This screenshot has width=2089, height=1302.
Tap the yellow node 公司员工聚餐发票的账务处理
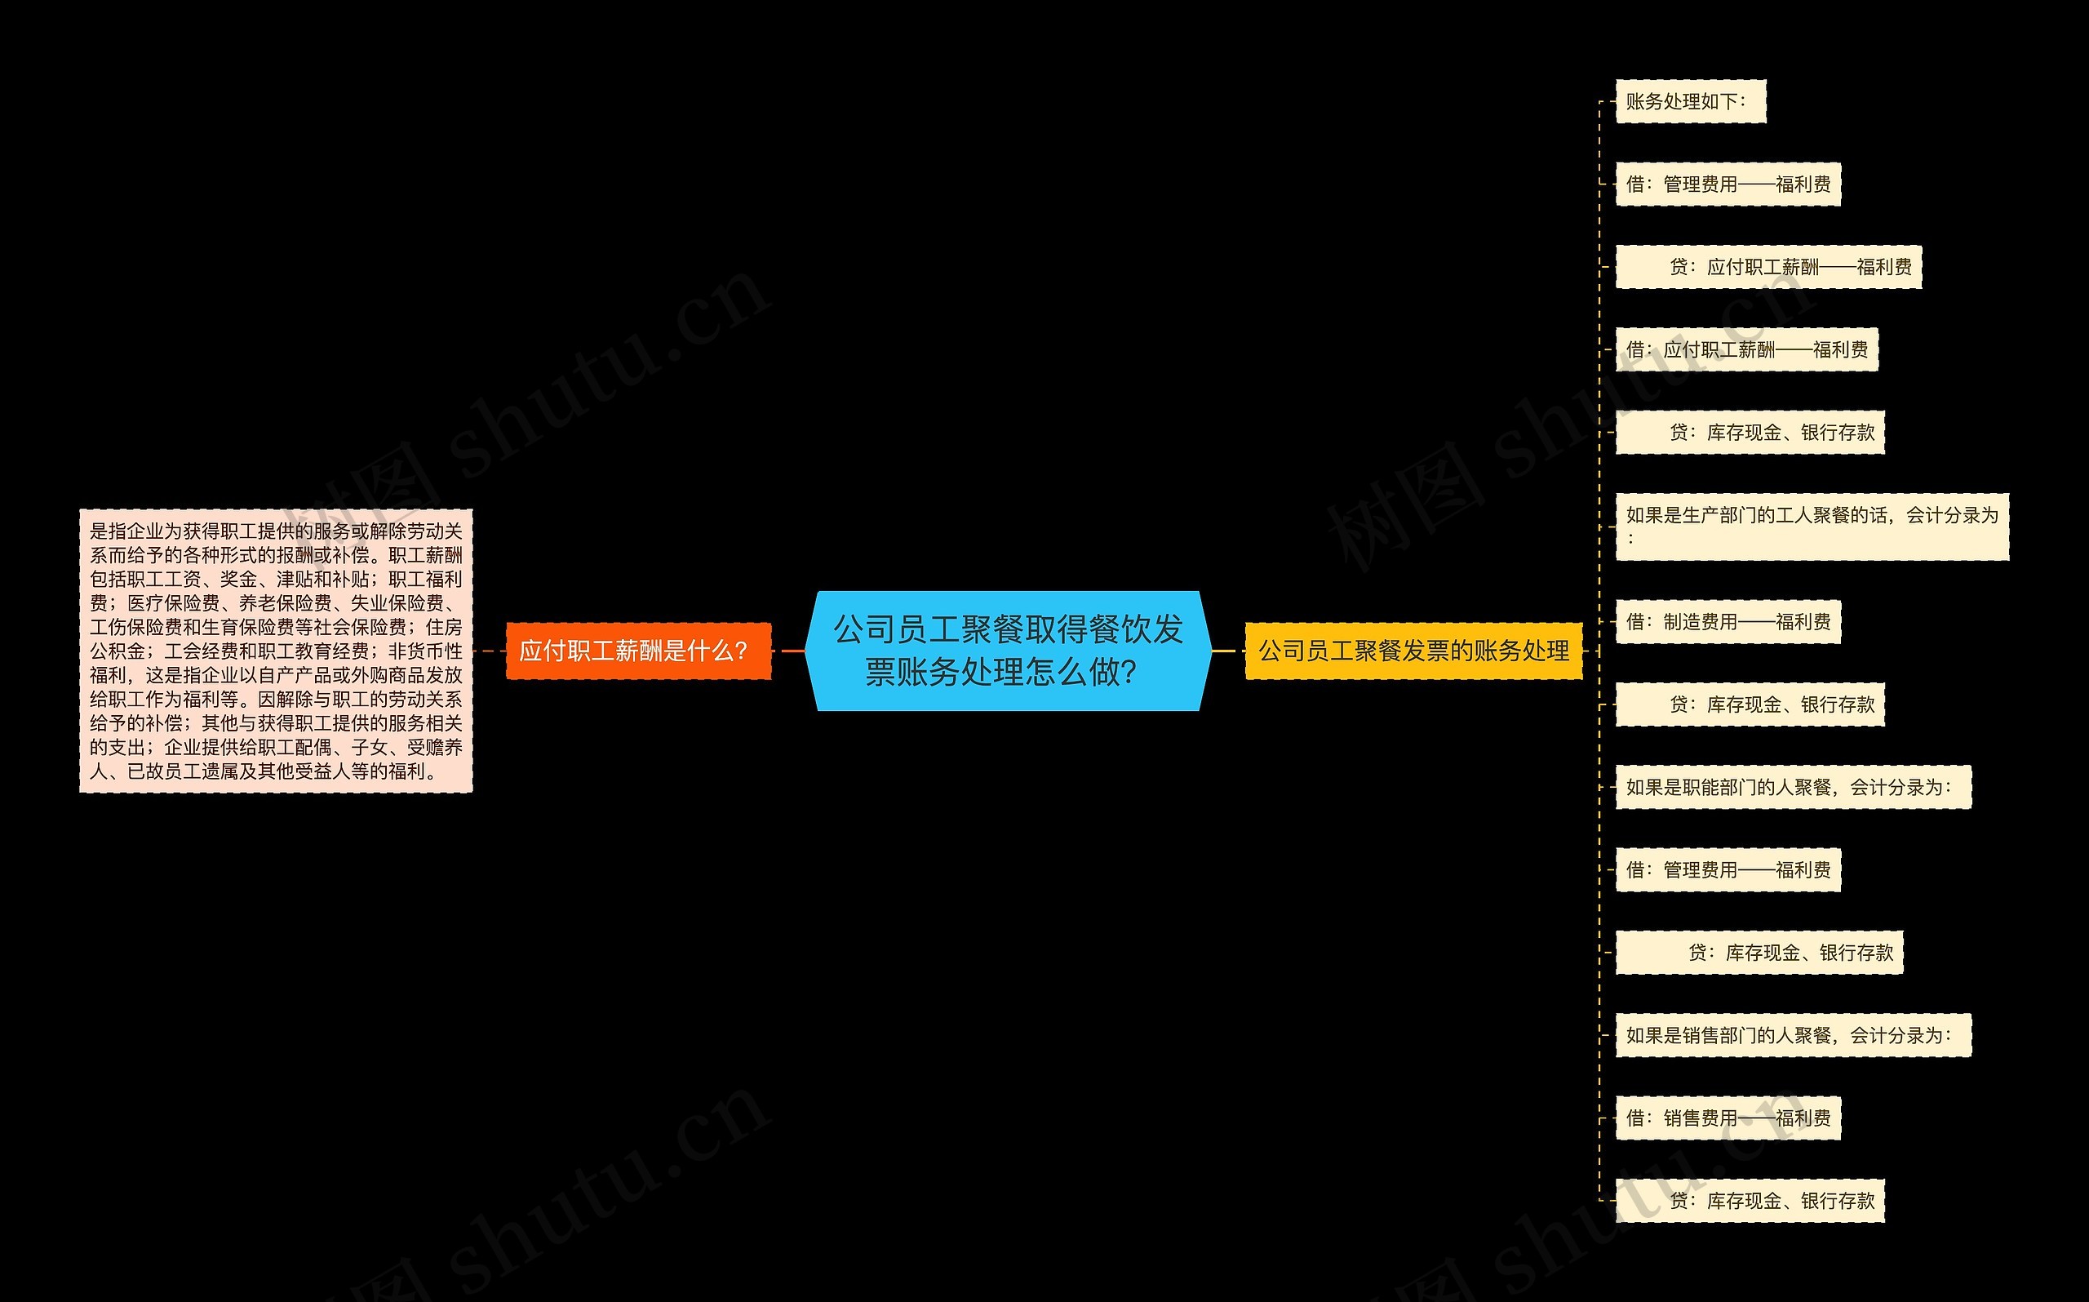(x=1413, y=651)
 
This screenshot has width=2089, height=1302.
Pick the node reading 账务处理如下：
(x=1690, y=101)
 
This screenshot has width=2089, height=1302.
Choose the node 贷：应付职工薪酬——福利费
(x=1768, y=267)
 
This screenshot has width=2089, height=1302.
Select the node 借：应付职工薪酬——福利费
(x=1746, y=349)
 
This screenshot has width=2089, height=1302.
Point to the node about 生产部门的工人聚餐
(x=1811, y=527)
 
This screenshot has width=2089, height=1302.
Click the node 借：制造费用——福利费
(x=1728, y=622)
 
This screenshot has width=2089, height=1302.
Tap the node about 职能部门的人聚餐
(x=1792, y=787)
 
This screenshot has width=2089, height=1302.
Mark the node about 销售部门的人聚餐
(x=1792, y=1035)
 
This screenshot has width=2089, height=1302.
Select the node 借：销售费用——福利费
(x=1728, y=1118)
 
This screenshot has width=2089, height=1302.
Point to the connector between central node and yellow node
(x=1226, y=651)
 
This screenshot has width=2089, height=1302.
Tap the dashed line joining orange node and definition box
(x=489, y=651)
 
